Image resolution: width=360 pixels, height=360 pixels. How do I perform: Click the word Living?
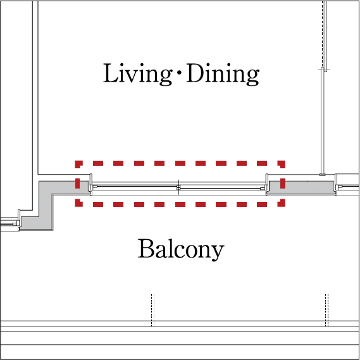(x=137, y=74)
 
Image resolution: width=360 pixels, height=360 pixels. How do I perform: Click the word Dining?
(x=223, y=74)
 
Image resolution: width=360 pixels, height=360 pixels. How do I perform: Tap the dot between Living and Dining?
(x=179, y=73)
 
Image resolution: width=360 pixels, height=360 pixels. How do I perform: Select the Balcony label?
(x=181, y=249)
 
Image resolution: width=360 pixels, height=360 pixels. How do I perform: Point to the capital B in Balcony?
(x=146, y=248)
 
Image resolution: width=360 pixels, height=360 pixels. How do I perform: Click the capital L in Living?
(x=111, y=73)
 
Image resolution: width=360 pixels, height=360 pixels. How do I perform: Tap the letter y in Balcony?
(x=217, y=252)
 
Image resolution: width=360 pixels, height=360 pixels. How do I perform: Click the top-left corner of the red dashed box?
(x=76, y=161)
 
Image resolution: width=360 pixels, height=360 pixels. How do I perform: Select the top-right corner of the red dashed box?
(x=284, y=161)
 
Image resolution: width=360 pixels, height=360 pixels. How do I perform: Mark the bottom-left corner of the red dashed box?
(x=76, y=206)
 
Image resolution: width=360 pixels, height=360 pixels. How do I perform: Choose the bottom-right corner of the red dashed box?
(x=284, y=206)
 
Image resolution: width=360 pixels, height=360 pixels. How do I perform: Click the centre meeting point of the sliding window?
(x=178, y=188)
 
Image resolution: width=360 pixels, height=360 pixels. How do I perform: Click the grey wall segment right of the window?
(x=301, y=187)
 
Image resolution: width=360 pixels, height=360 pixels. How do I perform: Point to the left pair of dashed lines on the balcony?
(x=152, y=310)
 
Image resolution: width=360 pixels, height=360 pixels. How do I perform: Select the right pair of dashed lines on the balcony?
(x=326, y=310)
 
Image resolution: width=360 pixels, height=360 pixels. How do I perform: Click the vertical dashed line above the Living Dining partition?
(x=323, y=34)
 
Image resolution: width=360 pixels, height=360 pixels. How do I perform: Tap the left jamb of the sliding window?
(x=91, y=184)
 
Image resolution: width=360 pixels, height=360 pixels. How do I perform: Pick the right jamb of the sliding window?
(x=267, y=184)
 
